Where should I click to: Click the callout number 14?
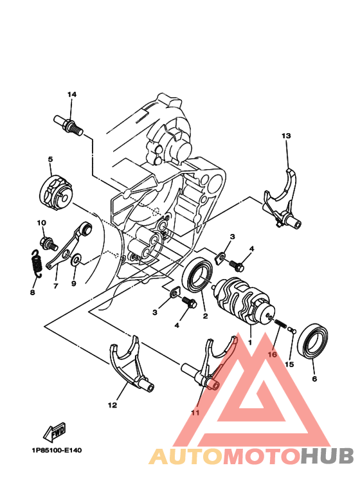pos(71,95)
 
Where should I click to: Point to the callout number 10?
pos(41,223)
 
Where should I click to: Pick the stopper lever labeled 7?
pos(70,245)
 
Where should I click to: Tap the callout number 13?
pos(286,136)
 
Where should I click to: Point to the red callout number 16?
pos(272,354)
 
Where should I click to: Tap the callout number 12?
pos(113,405)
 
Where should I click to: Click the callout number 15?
pos(289,365)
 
